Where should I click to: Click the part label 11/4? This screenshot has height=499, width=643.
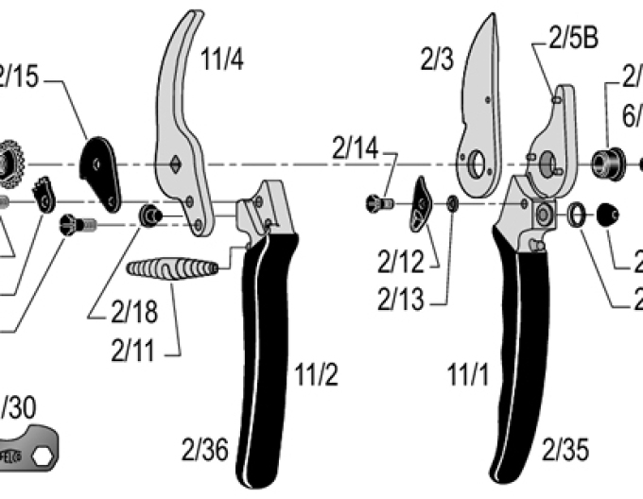(222, 60)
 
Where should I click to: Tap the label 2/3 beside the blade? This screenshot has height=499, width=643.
(438, 60)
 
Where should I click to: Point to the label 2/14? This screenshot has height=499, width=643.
(356, 146)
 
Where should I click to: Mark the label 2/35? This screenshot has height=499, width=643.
(565, 449)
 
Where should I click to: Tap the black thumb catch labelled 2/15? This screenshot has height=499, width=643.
(99, 171)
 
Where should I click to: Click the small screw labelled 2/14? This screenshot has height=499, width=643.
(379, 202)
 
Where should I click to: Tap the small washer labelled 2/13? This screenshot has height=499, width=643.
(453, 202)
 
